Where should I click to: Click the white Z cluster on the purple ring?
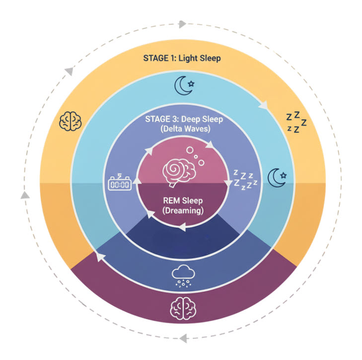click(245, 180)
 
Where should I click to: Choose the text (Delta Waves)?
click(181, 130)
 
